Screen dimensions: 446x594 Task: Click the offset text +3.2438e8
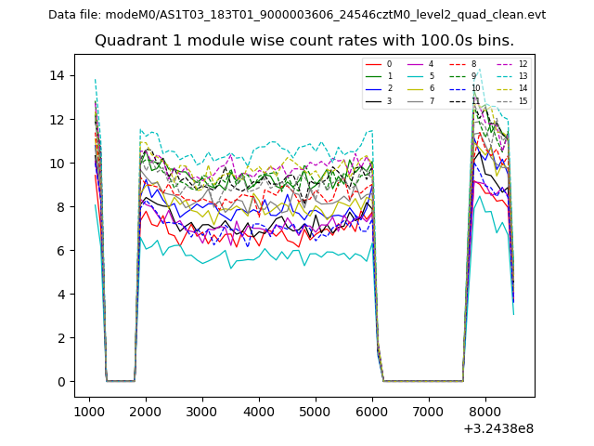[497, 428]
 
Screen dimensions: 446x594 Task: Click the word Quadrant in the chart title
[126, 41]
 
